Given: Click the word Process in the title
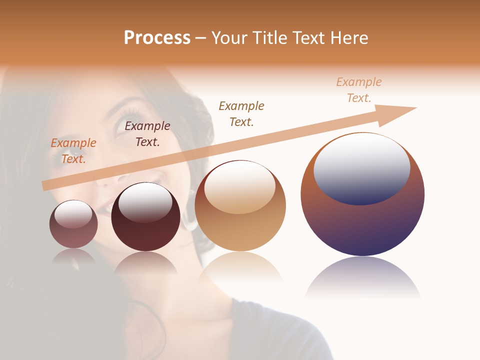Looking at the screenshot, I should point(157,38).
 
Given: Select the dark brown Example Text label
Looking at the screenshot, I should point(147,134).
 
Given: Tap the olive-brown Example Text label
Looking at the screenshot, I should point(241,114).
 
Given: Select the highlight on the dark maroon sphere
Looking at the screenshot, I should point(145,202).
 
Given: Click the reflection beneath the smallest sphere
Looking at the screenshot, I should point(73,256).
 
